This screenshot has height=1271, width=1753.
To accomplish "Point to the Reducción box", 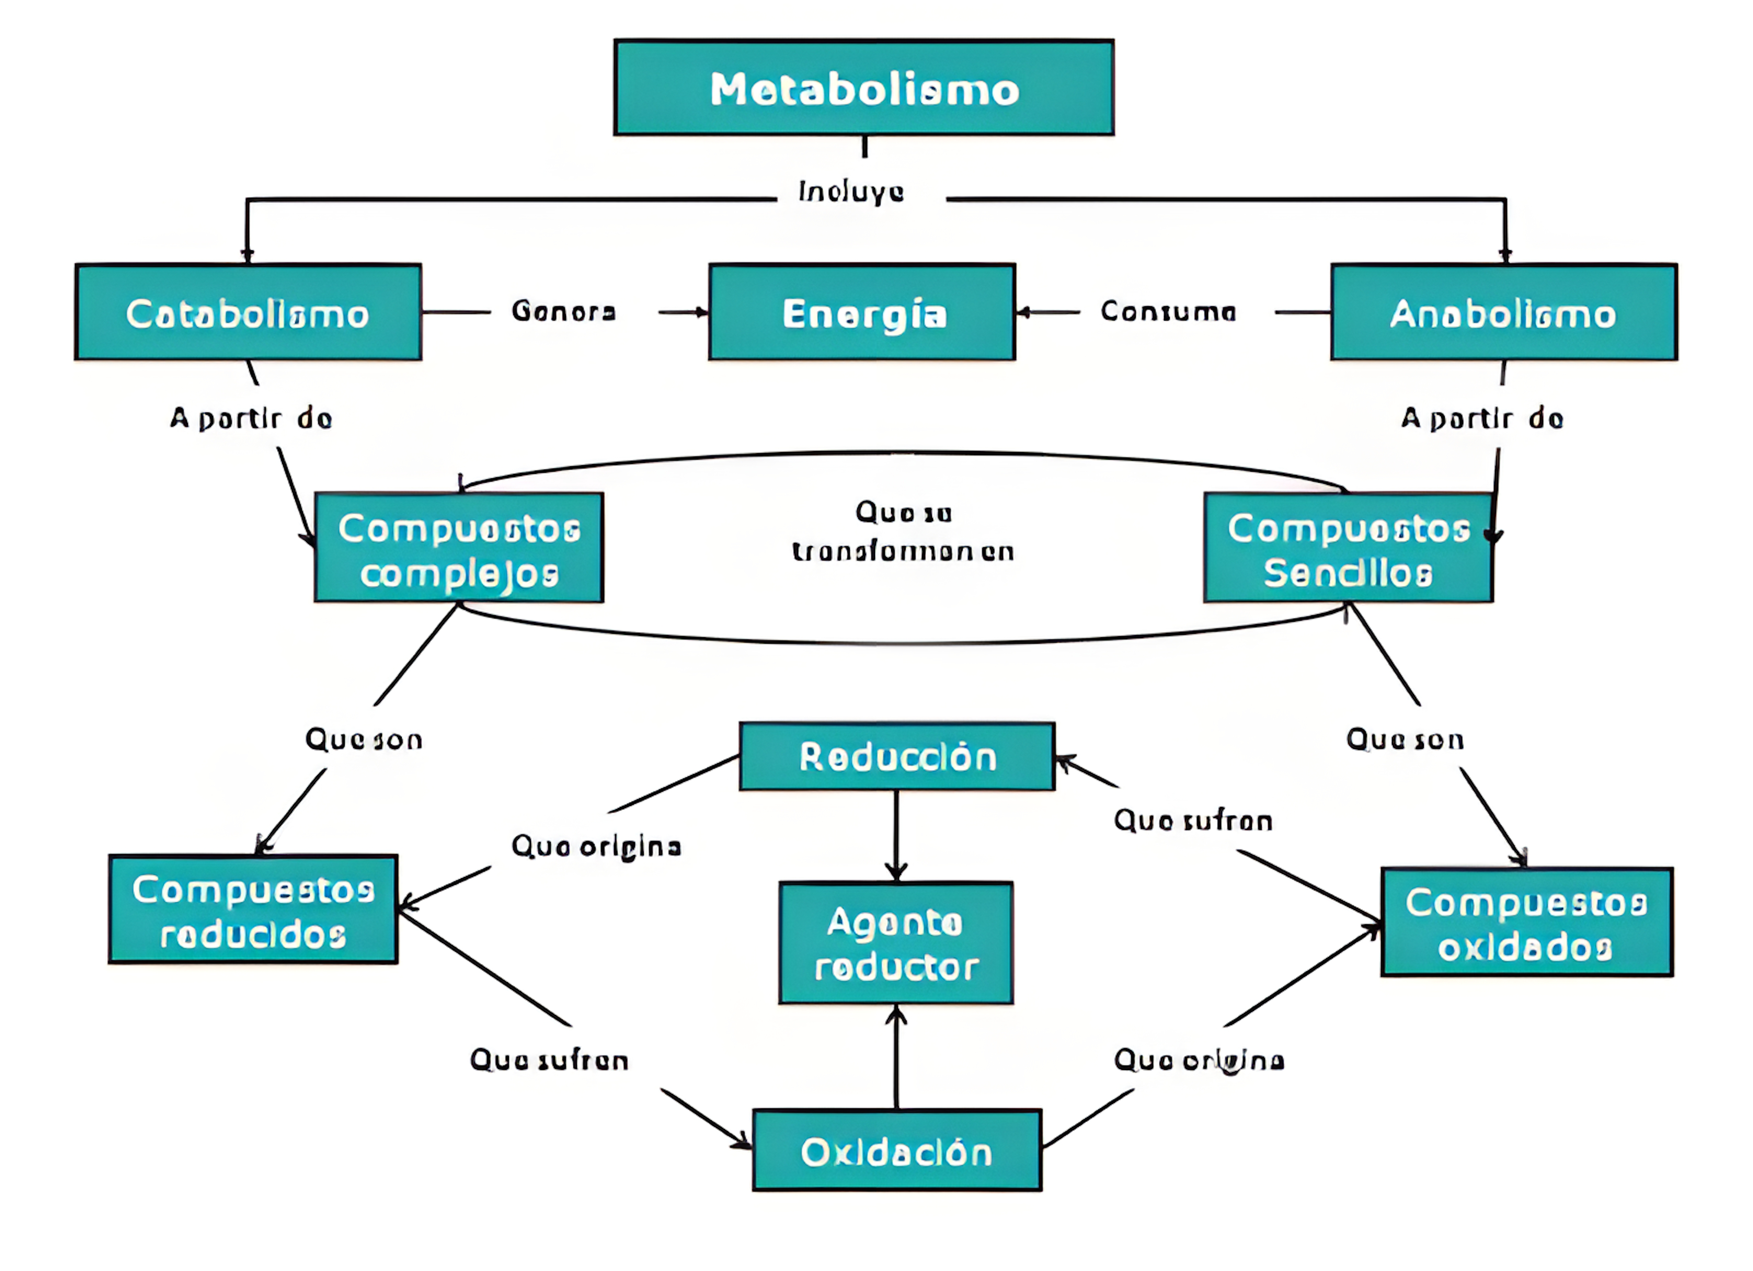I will (x=897, y=756).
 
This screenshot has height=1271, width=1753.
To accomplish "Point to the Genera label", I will (x=564, y=312).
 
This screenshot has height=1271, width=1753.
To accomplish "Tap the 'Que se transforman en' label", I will (x=903, y=532).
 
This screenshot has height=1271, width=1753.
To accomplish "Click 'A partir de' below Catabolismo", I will (x=251, y=418).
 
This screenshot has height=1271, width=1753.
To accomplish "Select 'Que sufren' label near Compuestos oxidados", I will (x=1193, y=820).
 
